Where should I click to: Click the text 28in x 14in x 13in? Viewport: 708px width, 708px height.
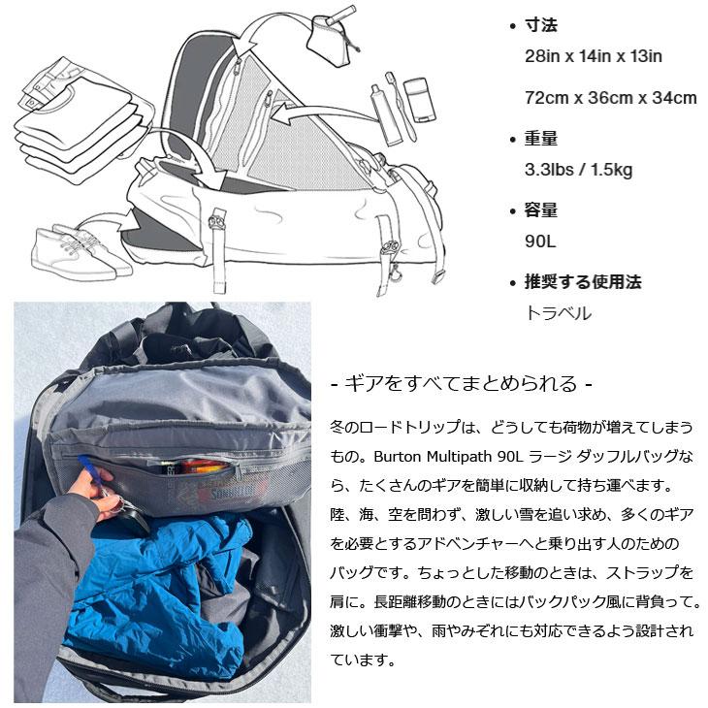(x=593, y=55)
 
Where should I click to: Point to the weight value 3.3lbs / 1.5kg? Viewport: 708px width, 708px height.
(x=578, y=170)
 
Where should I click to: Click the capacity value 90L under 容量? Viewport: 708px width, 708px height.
(x=541, y=241)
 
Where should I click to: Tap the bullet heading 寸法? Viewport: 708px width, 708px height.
(x=541, y=25)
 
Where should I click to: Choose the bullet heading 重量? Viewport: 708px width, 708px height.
(x=541, y=139)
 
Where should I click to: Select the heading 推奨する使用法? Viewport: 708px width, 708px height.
(x=583, y=282)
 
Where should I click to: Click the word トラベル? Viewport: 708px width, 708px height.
(x=558, y=313)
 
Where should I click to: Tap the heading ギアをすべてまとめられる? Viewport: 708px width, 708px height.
(x=462, y=382)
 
